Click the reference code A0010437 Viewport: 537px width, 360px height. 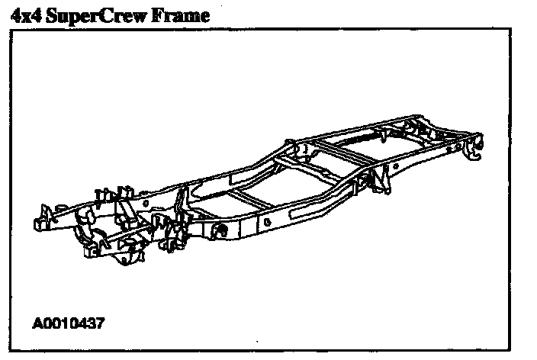pos(68,323)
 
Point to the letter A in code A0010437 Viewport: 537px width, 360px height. pos(37,323)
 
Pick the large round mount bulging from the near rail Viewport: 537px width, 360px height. pos(220,230)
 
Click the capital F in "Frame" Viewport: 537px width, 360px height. pos(162,14)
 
